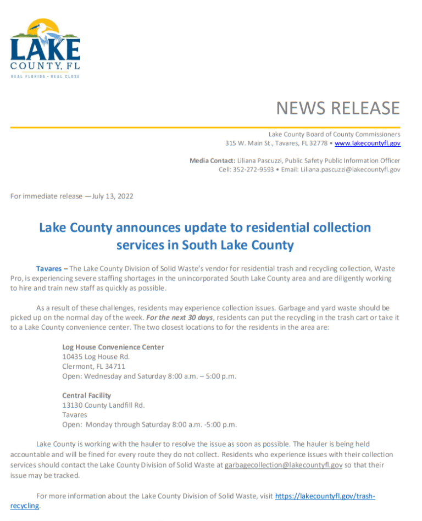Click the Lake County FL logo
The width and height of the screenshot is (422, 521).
pyautogui.click(x=45, y=48)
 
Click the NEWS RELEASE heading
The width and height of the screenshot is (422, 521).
pyautogui.click(x=337, y=108)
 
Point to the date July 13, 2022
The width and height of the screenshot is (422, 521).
pyautogui.click(x=113, y=196)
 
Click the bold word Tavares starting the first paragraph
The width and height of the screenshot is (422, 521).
pyautogui.click(x=48, y=269)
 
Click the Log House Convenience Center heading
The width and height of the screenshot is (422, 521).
pyautogui.click(x=113, y=347)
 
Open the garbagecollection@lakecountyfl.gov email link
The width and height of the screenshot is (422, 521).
pyautogui.click(x=284, y=465)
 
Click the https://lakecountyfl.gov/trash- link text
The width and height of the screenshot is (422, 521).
pyautogui.click(x=325, y=496)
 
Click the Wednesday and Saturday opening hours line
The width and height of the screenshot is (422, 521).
pyautogui.click(x=149, y=376)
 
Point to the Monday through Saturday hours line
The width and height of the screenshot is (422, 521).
pyautogui.click(x=149, y=425)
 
